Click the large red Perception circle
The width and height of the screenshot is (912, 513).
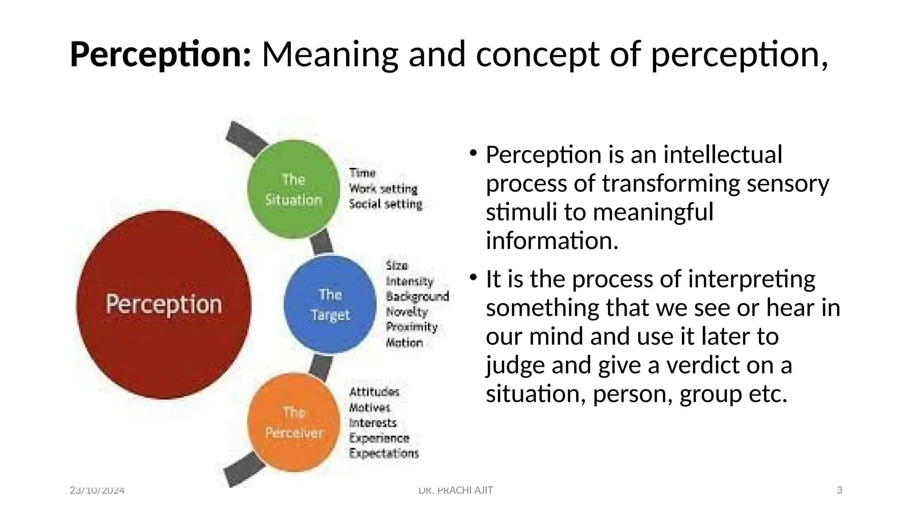(163, 305)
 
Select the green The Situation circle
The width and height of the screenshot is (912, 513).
(293, 189)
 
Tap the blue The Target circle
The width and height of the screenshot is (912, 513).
(330, 305)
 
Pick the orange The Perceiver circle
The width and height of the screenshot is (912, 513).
(293, 422)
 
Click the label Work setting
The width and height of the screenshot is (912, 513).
(383, 188)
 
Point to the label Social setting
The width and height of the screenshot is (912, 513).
(385, 204)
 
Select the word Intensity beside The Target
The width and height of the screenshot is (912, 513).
(409, 281)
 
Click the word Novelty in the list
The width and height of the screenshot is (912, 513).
(407, 312)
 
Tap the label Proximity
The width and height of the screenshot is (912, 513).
(411, 327)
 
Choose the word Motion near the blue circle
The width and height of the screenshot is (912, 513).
(404, 342)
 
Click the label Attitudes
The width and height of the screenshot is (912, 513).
(374, 392)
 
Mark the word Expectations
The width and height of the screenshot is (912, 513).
(384, 453)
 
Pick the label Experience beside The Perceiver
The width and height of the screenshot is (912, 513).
(379, 438)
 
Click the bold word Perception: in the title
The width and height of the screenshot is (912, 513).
(161, 55)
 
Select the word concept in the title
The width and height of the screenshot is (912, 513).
(537, 55)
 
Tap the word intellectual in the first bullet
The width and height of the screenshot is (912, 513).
(722, 155)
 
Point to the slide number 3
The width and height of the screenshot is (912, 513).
(839, 490)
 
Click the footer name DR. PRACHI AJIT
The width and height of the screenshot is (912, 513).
(456, 490)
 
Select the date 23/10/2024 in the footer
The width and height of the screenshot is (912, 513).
(97, 490)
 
